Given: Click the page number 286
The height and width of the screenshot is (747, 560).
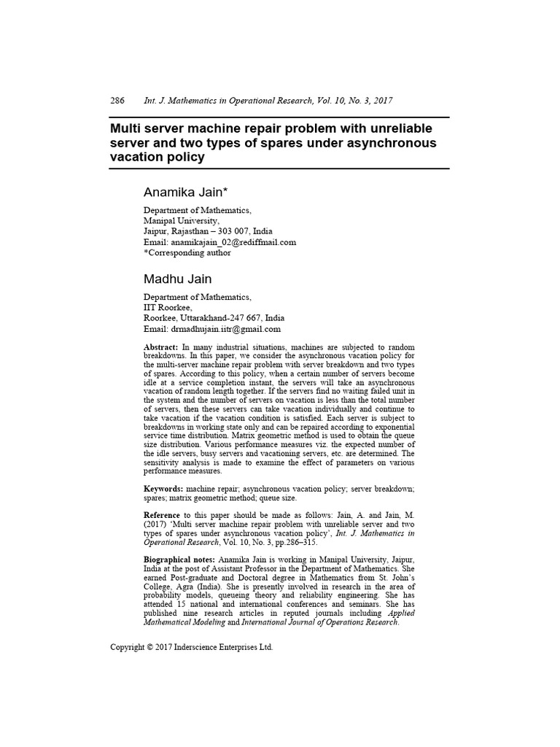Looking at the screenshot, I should pyautogui.click(x=117, y=101).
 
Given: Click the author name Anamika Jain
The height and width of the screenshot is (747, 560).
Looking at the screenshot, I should pyautogui.click(x=186, y=193).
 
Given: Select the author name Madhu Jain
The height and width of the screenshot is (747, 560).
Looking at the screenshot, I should pyautogui.click(x=177, y=279).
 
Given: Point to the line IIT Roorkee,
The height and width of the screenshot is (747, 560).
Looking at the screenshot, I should pyautogui.click(x=168, y=308).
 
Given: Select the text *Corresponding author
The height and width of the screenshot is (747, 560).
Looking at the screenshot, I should pyautogui.click(x=187, y=252).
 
